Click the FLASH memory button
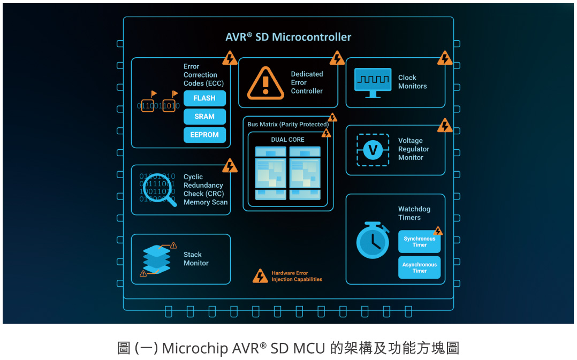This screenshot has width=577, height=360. pyautogui.click(x=204, y=98)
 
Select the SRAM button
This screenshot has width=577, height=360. pyautogui.click(x=204, y=117)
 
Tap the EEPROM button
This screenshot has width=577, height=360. pyautogui.click(x=204, y=135)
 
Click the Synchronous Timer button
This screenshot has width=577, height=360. pyautogui.click(x=419, y=242)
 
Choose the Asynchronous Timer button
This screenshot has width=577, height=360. pyautogui.click(x=419, y=267)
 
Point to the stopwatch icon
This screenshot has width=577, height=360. pyautogui.click(x=373, y=240)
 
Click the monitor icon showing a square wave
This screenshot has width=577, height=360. pyautogui.click(x=373, y=82)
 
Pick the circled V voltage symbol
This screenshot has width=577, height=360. pyautogui.click(x=373, y=149)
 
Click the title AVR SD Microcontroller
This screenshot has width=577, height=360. pyautogui.click(x=288, y=37)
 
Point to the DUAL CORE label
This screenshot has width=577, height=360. pyautogui.click(x=288, y=140)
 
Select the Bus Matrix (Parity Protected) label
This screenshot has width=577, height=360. pyautogui.click(x=288, y=125)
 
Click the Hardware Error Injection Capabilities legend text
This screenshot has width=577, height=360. pyautogui.click(x=297, y=276)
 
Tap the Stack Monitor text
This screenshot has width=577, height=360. pyautogui.click(x=196, y=259)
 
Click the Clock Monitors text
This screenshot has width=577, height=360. pyautogui.click(x=412, y=82)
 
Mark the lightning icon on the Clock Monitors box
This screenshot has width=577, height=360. pyautogui.click(x=445, y=58)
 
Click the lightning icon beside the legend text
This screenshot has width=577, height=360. pyautogui.click(x=260, y=276)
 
